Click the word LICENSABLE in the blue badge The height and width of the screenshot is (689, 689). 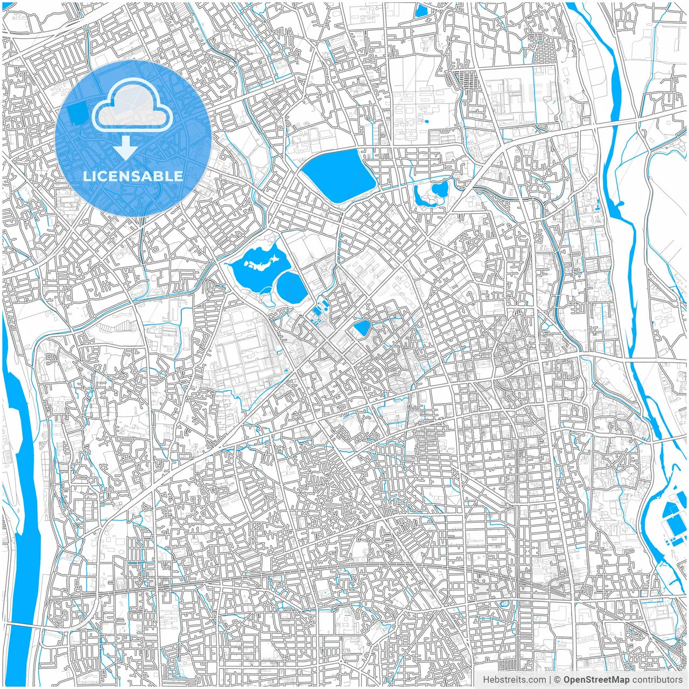click(x=133, y=176)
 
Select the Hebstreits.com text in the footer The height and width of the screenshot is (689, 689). click(x=514, y=680)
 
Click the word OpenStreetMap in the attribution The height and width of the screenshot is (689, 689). click(x=596, y=680)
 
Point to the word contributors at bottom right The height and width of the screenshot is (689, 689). click(x=657, y=680)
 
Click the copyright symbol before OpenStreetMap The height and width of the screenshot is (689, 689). click(x=558, y=680)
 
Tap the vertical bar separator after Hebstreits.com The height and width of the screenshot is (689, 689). click(x=550, y=680)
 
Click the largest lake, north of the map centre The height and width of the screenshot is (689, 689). click(x=339, y=175)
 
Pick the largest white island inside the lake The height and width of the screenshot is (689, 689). click(x=265, y=264)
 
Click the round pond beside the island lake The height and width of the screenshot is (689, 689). click(x=291, y=287)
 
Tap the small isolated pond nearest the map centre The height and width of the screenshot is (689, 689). click(x=362, y=327)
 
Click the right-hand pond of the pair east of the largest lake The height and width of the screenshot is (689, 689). click(x=440, y=189)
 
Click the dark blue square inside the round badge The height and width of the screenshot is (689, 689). click(x=78, y=113)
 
